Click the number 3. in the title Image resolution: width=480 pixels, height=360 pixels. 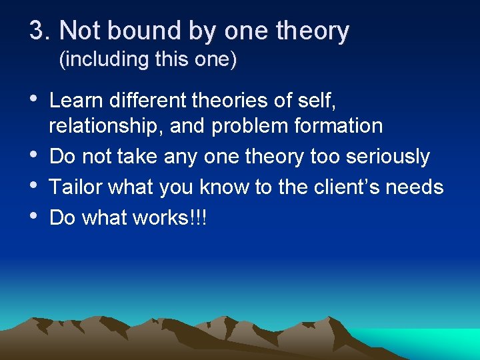pyautogui.click(x=41, y=31)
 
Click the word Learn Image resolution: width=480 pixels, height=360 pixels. pyautogui.click(x=75, y=101)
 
